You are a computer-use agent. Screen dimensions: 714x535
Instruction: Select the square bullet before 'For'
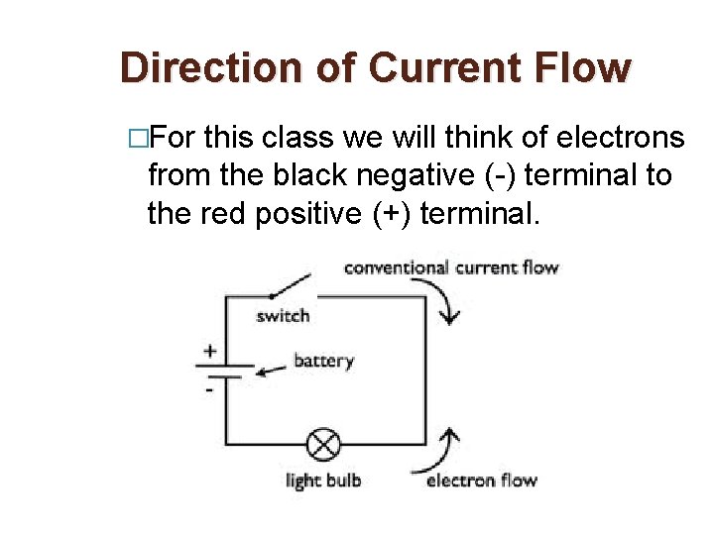point(138,138)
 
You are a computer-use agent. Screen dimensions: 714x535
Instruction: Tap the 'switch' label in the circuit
point(283,316)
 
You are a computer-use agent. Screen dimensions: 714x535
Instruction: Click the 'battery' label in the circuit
point(323,361)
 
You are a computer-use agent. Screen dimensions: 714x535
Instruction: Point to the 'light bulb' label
point(323,481)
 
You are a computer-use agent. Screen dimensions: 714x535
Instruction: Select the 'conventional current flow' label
point(451,267)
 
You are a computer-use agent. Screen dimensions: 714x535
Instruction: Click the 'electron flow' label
point(481,481)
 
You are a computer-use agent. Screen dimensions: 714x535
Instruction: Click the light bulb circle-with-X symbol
point(322,443)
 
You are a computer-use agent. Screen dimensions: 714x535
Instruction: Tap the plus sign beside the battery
point(210,351)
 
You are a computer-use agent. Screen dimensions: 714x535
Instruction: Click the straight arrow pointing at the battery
point(269,369)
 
